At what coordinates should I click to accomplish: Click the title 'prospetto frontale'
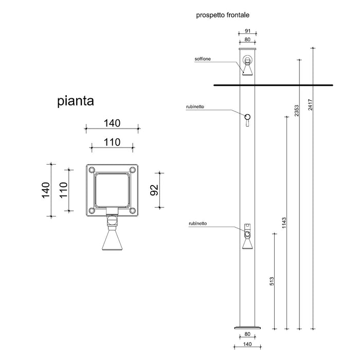click(x=223, y=15)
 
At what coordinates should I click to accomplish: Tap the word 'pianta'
click(x=75, y=101)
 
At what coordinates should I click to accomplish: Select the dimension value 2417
click(x=310, y=104)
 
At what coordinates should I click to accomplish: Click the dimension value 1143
click(x=284, y=223)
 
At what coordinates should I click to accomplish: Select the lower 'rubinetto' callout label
click(x=198, y=224)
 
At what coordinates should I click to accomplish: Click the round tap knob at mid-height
click(x=248, y=117)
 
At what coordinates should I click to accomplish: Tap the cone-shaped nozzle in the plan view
click(x=112, y=240)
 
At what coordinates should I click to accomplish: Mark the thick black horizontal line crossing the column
click(x=273, y=84)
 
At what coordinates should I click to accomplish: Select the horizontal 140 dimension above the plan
click(x=111, y=123)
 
